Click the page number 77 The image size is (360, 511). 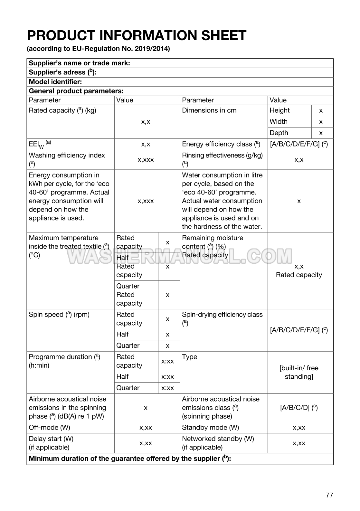(x=329, y=495)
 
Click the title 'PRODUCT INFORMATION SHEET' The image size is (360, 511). (x=137, y=35)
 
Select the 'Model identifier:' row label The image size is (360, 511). (x=55, y=82)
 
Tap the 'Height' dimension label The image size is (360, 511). (x=279, y=110)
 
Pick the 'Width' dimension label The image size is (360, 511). (x=279, y=122)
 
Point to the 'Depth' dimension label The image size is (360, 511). (x=279, y=133)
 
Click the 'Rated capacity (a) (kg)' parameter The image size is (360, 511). (x=62, y=110)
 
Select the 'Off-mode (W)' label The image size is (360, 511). (x=49, y=428)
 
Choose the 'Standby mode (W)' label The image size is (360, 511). (x=210, y=428)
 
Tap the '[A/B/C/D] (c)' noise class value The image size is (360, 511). (x=299, y=408)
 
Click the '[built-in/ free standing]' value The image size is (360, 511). (x=299, y=372)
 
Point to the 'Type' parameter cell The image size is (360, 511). (x=190, y=357)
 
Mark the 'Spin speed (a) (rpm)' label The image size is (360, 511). (x=59, y=315)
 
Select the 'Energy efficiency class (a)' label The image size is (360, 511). (x=221, y=144)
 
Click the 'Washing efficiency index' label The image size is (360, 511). (x=67, y=156)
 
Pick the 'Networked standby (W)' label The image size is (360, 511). (x=218, y=439)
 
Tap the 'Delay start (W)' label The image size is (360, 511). (x=51, y=439)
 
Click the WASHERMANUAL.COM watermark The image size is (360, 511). (x=180, y=256)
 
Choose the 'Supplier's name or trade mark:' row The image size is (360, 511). (x=80, y=63)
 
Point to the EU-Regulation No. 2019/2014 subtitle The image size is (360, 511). (x=98, y=49)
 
